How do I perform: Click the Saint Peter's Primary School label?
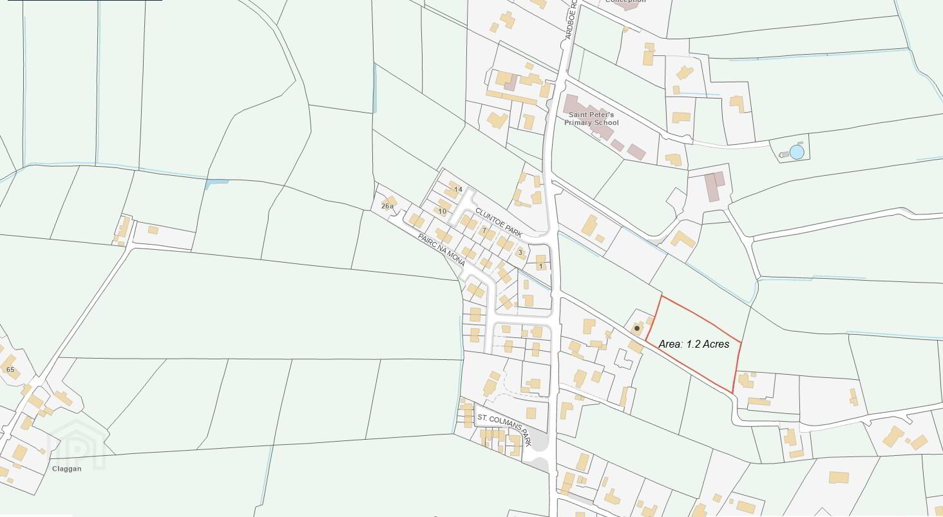[591, 118]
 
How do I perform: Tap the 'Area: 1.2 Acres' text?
[694, 344]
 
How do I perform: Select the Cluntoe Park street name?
[498, 223]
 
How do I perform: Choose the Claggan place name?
[66, 469]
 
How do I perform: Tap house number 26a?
[387, 206]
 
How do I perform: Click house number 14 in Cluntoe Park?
[458, 189]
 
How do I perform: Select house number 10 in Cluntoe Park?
[442, 211]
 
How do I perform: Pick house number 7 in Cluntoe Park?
[484, 230]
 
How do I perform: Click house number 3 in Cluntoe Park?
[520, 252]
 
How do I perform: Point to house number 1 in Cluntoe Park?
[540, 266]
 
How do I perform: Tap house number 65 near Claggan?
[10, 370]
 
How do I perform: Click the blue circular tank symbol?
[797, 152]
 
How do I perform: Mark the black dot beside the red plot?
[637, 328]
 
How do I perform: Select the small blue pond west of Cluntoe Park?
[215, 184]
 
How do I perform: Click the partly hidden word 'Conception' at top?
[625, 2]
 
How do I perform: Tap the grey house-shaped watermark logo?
[77, 444]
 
